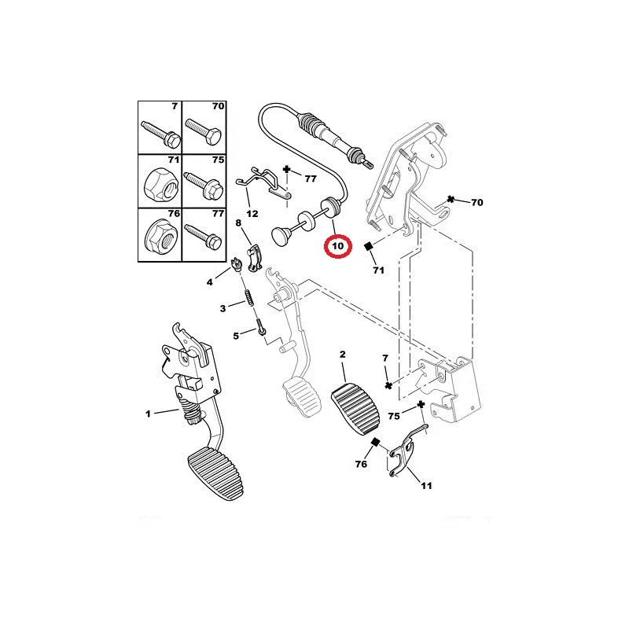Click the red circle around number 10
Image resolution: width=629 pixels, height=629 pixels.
point(338,246)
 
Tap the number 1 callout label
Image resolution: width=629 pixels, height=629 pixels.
point(147,413)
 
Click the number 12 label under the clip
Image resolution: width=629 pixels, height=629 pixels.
point(252,213)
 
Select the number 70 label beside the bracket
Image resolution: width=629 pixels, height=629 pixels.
point(476,202)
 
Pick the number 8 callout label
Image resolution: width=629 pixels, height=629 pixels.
point(239,223)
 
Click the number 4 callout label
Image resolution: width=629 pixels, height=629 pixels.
point(210,281)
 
